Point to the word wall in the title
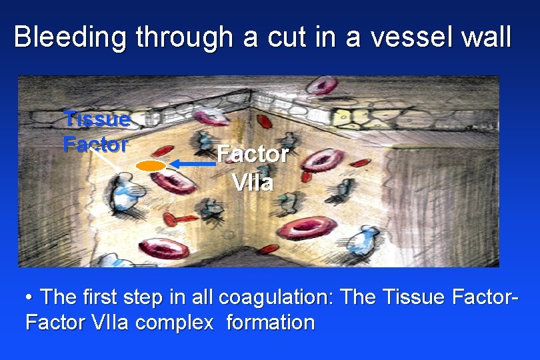coord(485,37)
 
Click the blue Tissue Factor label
coord(96,131)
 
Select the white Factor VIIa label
coord(253,167)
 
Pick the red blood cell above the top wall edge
coord(325,85)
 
